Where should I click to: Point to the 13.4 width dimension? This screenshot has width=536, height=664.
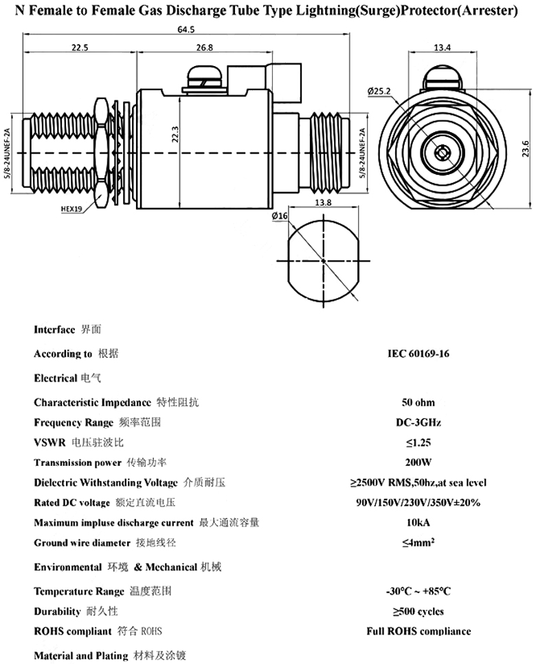443,47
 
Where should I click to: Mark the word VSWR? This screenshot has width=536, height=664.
50,442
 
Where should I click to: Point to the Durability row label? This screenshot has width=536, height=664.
58,611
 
